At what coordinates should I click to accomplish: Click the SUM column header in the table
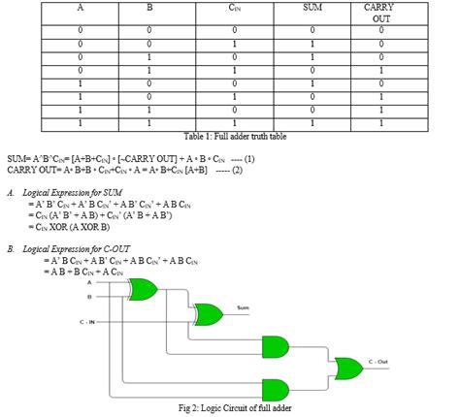pyautogui.click(x=313, y=8)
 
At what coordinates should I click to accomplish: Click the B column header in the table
pyautogui.click(x=149, y=8)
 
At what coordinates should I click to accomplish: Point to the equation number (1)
pyautogui.click(x=248, y=158)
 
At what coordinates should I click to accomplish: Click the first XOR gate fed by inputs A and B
pyautogui.click(x=144, y=288)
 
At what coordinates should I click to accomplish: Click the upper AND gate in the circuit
pyautogui.click(x=275, y=346)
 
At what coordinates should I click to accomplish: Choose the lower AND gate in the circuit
pyautogui.click(x=275, y=387)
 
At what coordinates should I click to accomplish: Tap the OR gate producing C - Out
pyautogui.click(x=348, y=368)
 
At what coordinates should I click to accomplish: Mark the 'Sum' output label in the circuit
pyautogui.click(x=243, y=309)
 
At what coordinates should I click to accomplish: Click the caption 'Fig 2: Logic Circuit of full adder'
pyautogui.click(x=229, y=408)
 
